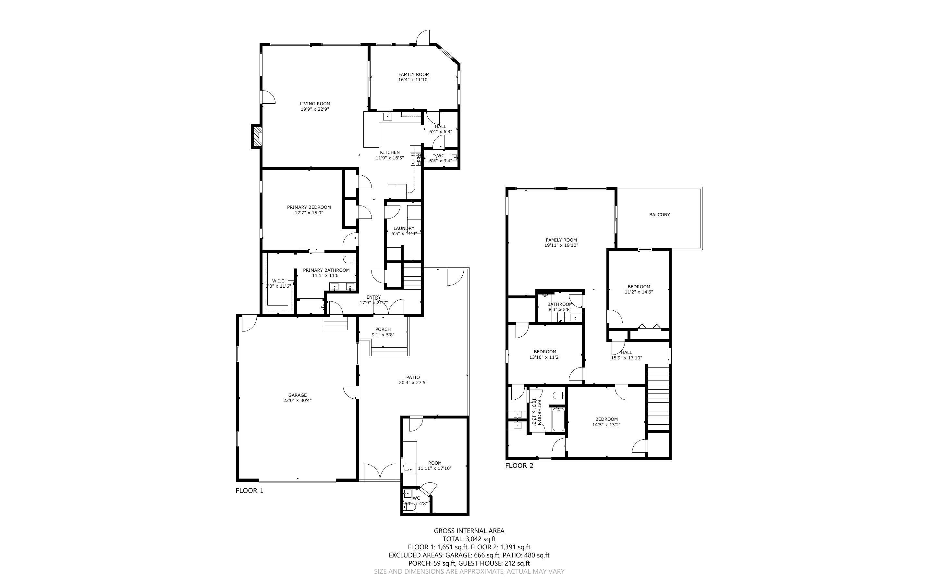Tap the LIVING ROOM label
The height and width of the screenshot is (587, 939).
point(314,104)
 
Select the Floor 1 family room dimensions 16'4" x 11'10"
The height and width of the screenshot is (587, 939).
point(413,80)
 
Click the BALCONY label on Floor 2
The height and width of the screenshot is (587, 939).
point(659,215)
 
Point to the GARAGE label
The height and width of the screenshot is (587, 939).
point(297,395)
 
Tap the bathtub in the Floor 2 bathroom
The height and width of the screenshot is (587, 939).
point(558,419)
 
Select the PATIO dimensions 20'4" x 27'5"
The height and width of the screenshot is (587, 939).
point(413,383)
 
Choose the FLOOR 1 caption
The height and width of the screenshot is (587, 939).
point(250,491)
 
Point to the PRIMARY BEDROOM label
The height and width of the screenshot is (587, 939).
point(309,207)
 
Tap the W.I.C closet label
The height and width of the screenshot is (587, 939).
point(278,281)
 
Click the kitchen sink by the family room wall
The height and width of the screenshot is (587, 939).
point(388,116)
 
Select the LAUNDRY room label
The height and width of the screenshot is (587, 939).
point(404,228)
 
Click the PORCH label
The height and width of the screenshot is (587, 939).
point(383,329)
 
